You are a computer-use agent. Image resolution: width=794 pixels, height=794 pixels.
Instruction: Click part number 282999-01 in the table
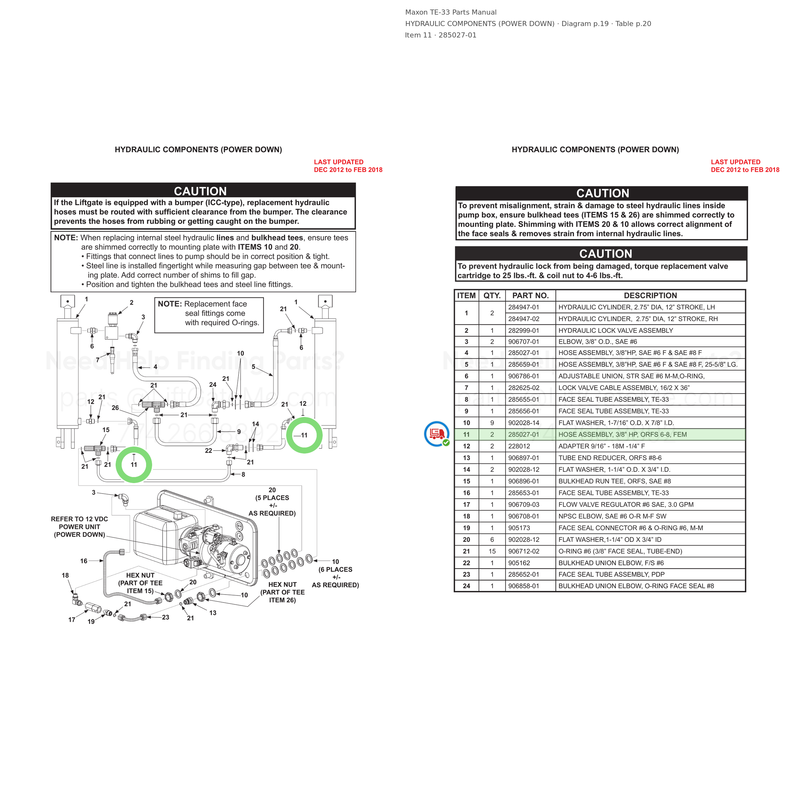524,330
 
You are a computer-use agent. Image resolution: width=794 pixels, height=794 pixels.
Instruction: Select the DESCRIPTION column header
650,295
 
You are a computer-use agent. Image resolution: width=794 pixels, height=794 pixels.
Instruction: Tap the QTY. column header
492,295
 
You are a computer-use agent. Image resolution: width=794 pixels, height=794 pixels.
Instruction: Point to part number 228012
519,446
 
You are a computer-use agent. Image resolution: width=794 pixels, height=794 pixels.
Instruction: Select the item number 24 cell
467,586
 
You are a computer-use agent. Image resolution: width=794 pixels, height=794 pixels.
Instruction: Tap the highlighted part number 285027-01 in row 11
524,434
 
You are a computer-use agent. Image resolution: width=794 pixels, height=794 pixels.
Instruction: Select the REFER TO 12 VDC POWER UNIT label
79,527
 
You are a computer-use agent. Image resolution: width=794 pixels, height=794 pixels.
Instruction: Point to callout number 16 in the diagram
84,561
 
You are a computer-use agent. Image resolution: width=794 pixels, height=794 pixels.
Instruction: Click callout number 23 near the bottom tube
165,617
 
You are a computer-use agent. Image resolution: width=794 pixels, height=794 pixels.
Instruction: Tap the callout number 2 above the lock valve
131,302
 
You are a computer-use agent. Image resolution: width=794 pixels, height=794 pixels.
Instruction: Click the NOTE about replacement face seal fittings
209,313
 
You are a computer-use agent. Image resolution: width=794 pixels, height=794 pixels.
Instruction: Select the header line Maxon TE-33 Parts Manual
451,12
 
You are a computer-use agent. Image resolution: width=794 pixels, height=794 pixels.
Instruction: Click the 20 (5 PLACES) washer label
272,501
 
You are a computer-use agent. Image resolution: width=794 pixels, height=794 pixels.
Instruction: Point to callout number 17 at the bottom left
72,620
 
